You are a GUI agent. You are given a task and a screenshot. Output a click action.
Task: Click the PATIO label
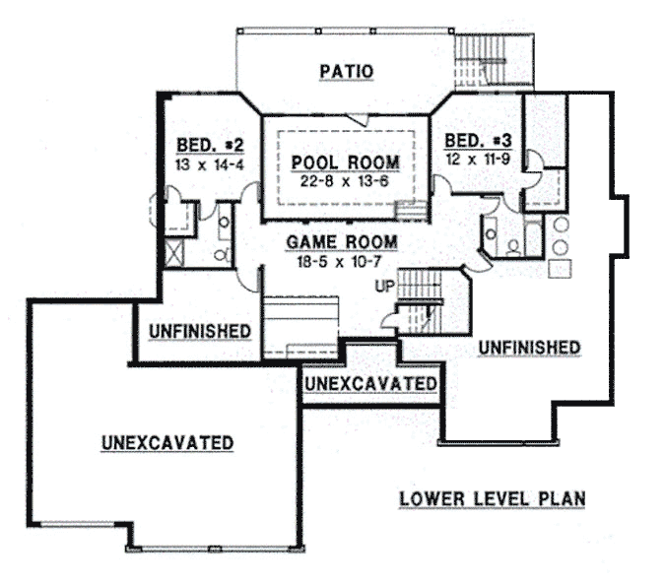[346, 71]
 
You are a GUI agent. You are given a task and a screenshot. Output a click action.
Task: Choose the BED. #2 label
[203, 146]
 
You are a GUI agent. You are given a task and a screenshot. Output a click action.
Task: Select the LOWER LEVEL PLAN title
[492, 499]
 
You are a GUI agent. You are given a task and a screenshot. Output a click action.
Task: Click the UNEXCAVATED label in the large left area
[166, 443]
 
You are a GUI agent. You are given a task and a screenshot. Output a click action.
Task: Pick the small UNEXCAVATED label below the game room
[369, 382]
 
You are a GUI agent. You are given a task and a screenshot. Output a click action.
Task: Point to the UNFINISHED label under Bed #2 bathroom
[200, 330]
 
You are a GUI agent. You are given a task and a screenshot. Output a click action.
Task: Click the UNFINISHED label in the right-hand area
[530, 348]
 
